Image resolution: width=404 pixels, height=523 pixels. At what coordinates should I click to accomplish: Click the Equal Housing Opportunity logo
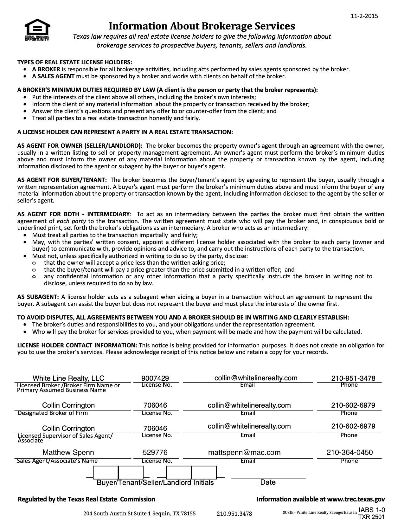tap(37, 30)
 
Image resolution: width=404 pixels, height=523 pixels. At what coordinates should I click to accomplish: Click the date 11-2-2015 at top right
tap(364, 16)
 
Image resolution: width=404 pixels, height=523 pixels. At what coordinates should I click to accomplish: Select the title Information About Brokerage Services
tap(202, 26)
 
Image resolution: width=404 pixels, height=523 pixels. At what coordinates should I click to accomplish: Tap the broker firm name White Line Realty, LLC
tap(68, 378)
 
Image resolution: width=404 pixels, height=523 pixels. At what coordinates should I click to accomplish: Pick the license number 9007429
tap(155, 378)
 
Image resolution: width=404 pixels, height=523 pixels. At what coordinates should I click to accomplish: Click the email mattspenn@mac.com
tap(244, 452)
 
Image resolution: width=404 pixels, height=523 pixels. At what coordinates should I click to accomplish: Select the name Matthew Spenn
tap(68, 452)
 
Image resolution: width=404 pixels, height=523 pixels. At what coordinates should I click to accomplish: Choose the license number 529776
tap(155, 452)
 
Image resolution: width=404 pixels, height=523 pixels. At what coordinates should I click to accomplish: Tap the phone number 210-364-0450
tap(349, 452)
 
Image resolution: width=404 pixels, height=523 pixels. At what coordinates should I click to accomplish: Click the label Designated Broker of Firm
tap(53, 413)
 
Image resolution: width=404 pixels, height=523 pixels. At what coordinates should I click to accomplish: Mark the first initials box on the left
tap(106, 472)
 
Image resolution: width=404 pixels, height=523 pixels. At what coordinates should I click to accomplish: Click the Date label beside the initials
tap(268, 482)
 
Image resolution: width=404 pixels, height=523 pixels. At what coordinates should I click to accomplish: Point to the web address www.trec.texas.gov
tap(356, 499)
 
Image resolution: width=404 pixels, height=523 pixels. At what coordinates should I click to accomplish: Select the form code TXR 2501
tap(371, 517)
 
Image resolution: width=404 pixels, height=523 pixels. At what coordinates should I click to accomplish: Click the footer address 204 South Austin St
tap(139, 513)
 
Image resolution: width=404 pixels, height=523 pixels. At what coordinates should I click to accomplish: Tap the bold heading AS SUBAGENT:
tap(38, 297)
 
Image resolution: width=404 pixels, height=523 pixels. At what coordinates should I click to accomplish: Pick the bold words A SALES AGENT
tap(53, 76)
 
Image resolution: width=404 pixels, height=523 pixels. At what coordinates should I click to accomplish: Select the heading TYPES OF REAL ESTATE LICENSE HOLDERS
tap(75, 62)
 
